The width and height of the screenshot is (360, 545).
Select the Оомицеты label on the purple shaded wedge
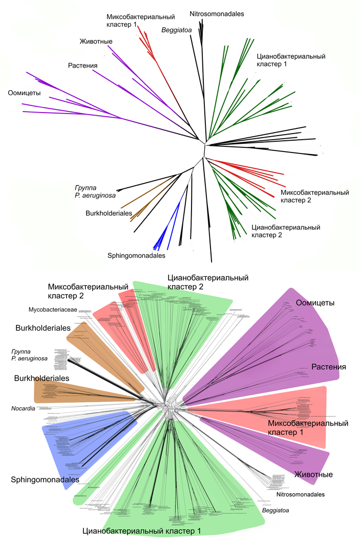[x=315, y=303]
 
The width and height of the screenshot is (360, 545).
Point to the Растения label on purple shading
[x=328, y=367]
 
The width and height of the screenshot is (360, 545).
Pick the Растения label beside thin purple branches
[x=82, y=66]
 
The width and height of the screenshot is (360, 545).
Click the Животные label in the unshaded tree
[x=96, y=41]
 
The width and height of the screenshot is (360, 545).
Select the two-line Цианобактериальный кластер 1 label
[x=290, y=60]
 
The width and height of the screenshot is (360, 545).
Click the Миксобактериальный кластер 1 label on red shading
[x=308, y=428]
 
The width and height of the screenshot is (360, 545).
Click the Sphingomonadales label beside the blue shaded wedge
[x=45, y=479]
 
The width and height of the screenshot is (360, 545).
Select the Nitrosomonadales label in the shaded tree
[x=301, y=494]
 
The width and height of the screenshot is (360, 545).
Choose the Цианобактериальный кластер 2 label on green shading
[x=207, y=282]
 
